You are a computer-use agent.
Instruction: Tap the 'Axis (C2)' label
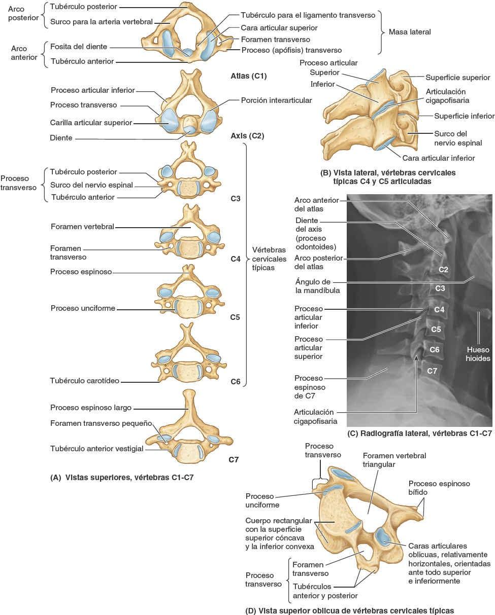247,136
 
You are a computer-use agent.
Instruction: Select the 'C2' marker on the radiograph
443,269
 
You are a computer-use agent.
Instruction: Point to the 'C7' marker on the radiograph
432,371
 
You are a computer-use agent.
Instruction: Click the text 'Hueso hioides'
478,354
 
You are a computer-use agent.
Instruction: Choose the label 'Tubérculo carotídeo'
84,380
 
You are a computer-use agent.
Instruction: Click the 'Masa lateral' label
409,31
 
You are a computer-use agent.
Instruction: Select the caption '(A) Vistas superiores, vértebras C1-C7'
122,477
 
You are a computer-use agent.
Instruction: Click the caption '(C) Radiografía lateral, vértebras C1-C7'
419,434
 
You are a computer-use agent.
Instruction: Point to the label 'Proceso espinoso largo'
91,407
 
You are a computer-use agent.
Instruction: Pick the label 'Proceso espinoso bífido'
439,488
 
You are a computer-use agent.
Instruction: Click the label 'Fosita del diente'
79,47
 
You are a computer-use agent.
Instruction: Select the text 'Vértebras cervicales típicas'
269,258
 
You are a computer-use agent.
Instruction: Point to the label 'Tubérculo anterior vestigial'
96,449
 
